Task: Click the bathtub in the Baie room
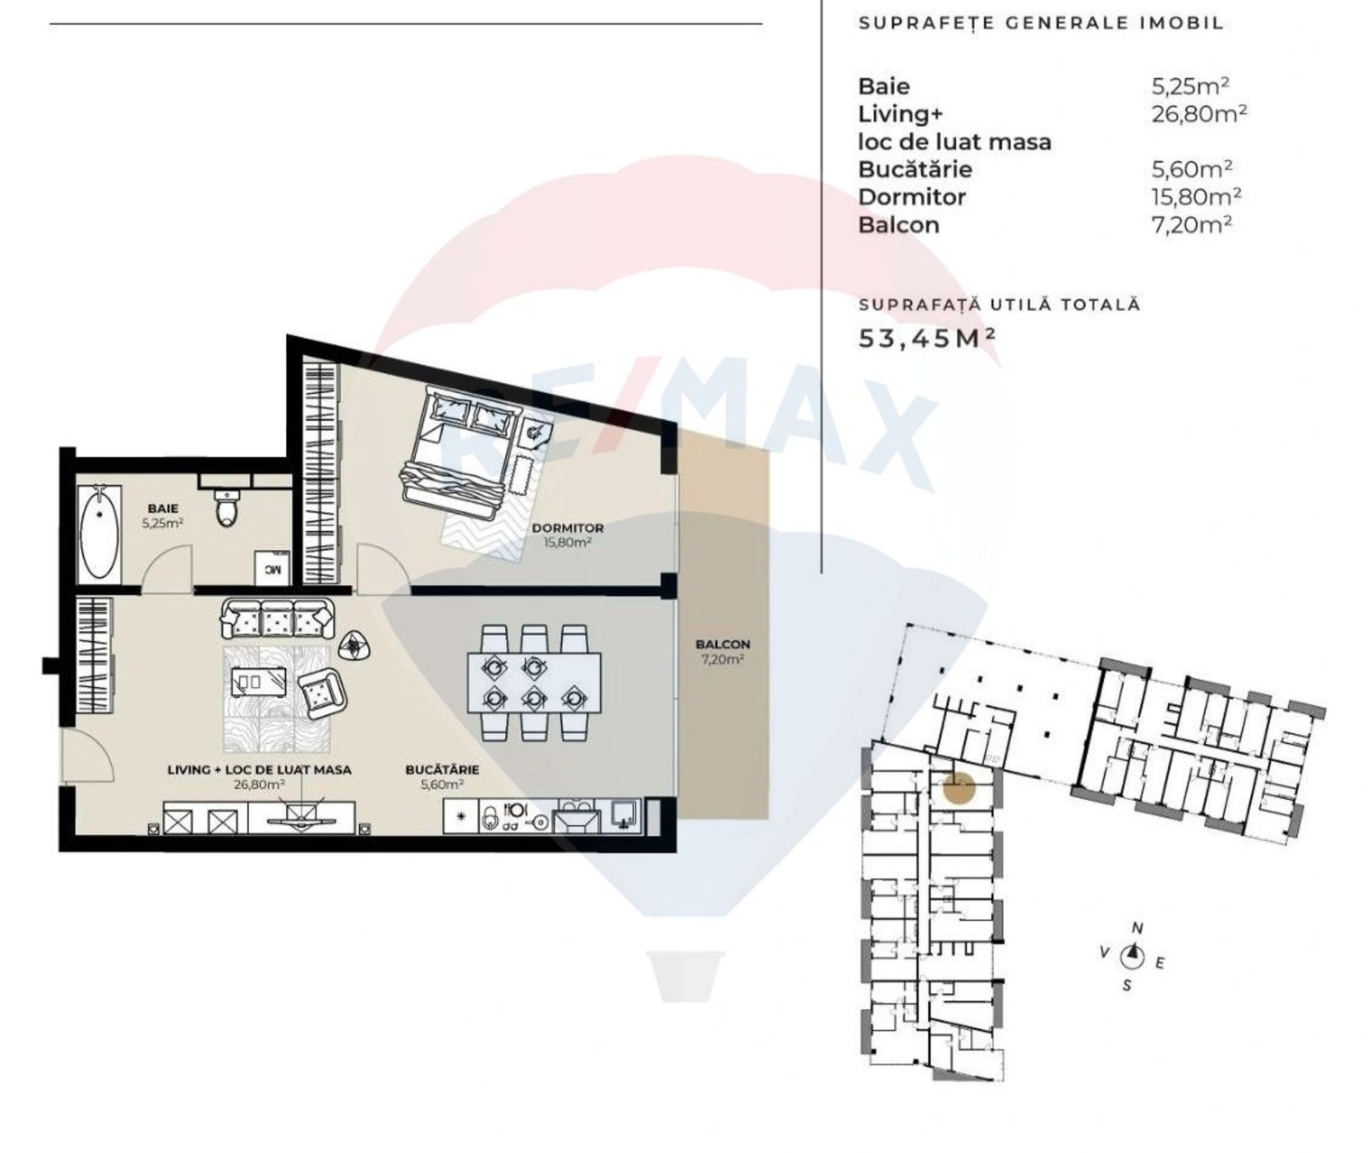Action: [x=99, y=532]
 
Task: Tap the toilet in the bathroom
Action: [x=227, y=507]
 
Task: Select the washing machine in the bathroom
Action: [x=272, y=568]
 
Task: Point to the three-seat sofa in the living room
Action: [x=278, y=619]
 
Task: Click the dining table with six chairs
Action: [x=534, y=682]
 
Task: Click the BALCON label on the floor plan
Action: [x=723, y=644]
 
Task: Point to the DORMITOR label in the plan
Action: [x=568, y=528]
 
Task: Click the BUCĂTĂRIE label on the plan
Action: [x=442, y=770]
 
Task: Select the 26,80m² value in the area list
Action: [x=1199, y=113]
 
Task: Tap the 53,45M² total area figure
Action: [x=926, y=337]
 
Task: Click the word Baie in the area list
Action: [x=884, y=86]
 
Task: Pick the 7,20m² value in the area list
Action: [x=1192, y=225]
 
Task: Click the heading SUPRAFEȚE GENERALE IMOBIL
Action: [x=1041, y=23]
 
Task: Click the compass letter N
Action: [x=1137, y=928]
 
